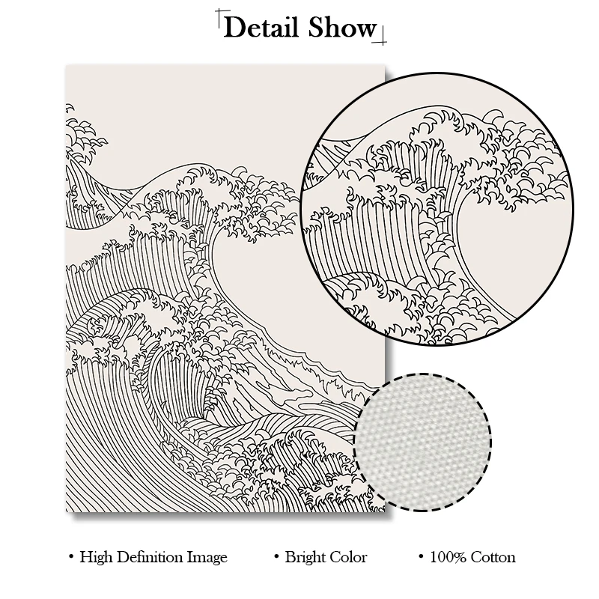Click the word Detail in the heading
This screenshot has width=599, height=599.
click(x=261, y=28)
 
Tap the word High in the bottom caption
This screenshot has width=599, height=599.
click(x=97, y=557)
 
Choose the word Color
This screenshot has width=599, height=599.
click(x=347, y=557)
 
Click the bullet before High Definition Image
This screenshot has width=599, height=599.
click(x=71, y=558)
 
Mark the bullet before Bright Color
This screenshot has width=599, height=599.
click(x=277, y=558)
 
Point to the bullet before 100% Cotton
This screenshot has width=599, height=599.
click(x=422, y=558)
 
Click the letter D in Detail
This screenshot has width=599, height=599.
click(x=233, y=28)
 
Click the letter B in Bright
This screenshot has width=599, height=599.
click(x=290, y=557)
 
